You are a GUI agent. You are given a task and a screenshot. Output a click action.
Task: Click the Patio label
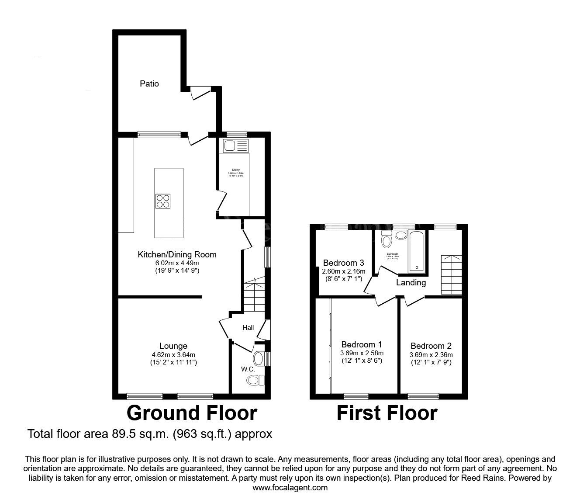(x=149, y=83)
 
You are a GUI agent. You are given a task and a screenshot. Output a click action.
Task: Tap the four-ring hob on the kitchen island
(x=163, y=201)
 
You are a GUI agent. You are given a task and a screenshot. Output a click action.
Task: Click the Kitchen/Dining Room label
(x=177, y=254)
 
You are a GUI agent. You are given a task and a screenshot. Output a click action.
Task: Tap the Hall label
(x=248, y=328)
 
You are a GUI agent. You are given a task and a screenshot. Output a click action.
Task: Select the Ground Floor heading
(x=192, y=413)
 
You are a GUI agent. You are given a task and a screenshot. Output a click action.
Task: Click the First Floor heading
(x=387, y=413)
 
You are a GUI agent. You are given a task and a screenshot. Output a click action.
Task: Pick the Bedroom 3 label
(x=343, y=263)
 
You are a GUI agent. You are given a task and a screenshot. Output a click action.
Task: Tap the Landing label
(x=411, y=283)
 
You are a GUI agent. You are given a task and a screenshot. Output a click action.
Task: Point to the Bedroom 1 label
(x=362, y=344)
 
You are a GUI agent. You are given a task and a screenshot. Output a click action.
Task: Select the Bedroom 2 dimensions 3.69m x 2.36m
(x=431, y=355)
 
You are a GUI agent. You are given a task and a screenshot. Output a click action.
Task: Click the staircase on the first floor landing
(x=451, y=275)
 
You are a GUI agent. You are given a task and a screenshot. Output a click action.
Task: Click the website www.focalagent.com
(x=290, y=487)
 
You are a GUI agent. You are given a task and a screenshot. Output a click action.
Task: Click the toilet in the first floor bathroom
(x=386, y=241)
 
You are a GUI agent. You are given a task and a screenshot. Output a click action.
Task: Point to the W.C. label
(x=248, y=369)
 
